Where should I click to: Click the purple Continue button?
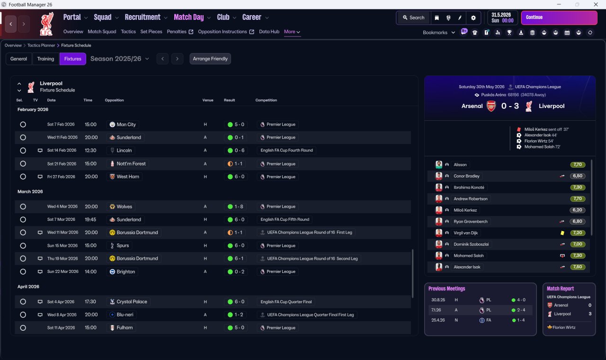559,18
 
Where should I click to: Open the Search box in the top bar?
413,18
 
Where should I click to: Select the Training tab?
45,59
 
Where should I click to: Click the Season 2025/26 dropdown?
120,59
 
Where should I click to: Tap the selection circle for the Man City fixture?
23,125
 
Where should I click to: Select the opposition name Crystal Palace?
132,302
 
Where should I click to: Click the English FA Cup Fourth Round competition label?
286,150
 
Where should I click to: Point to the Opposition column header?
114,100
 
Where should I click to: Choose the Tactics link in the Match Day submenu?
128,32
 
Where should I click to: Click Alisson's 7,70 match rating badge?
578,164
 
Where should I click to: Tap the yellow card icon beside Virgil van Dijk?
562,233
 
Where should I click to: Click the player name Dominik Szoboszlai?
471,244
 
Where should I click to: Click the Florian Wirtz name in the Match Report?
564,327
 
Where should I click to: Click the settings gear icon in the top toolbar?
473,18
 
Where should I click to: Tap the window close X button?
596,4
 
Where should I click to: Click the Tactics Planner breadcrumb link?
41,45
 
